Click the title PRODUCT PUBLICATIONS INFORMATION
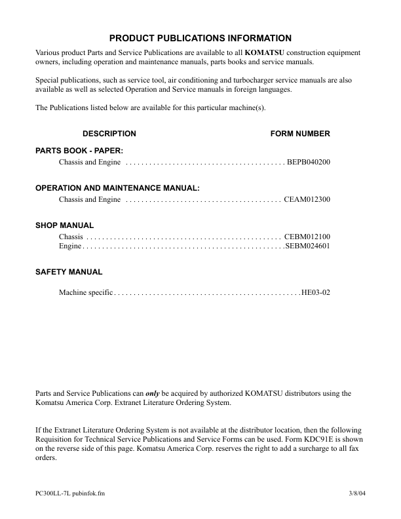200,38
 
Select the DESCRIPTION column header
109,134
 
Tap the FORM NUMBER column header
300,134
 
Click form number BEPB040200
309,162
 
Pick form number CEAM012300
307,199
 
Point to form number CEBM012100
307,237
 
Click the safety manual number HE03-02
316,293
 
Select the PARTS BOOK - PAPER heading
79,151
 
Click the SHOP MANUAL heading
64,225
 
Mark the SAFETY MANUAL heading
69,271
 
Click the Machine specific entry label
86,293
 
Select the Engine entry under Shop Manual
70,246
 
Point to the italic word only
151,393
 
